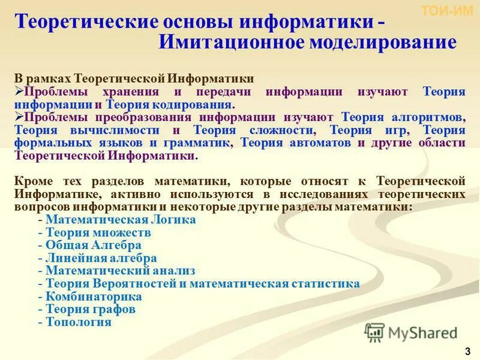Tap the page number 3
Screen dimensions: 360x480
pyautogui.click(x=467, y=350)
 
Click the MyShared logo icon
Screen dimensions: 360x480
pyautogui.click(x=374, y=332)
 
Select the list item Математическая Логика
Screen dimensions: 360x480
pyautogui.click(x=121, y=220)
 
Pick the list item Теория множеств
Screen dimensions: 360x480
pyautogui.click(x=98, y=232)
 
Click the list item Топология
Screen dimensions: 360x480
pyautogui.click(x=79, y=322)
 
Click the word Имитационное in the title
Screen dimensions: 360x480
pyautogui.click(x=232, y=43)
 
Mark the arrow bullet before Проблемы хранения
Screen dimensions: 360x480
pyautogui.click(x=19, y=91)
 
